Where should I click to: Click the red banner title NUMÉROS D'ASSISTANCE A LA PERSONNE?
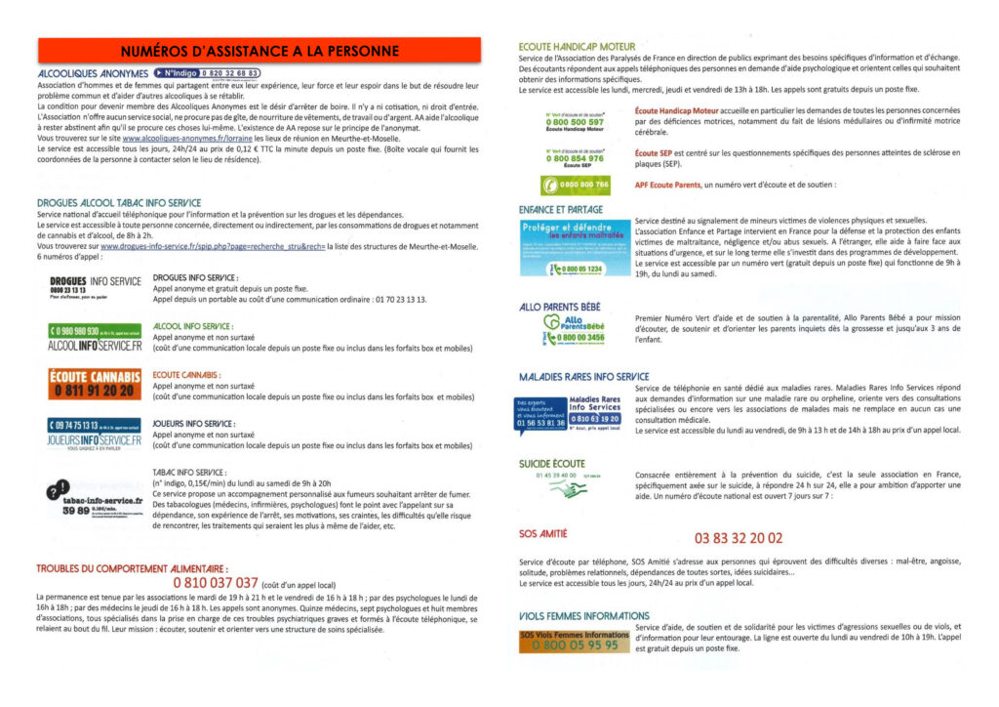click(x=260, y=51)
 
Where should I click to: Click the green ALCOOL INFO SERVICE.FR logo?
click(x=94, y=337)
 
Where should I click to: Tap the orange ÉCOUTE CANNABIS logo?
click(x=94, y=383)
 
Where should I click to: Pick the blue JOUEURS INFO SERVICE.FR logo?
click(x=94, y=433)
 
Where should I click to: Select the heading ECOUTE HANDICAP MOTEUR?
click(x=577, y=46)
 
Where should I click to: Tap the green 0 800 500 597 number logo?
click(x=575, y=120)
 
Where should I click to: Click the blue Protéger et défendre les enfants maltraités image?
click(x=575, y=247)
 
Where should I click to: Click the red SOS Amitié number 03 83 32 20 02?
click(x=738, y=537)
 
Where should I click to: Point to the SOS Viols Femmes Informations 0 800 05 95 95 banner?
click(x=574, y=641)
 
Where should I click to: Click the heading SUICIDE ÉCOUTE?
click(x=552, y=463)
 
